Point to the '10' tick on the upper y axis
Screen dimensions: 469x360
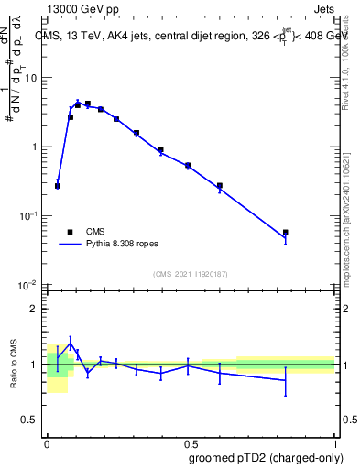pos(34,78)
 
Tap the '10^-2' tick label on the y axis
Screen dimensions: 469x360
pos(30,286)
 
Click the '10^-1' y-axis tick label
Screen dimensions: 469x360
pos(30,216)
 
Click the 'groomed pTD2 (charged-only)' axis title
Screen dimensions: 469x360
pos(266,457)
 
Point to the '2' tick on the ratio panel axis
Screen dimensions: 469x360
pos(37,309)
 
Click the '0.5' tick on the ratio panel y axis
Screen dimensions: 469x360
pos(34,420)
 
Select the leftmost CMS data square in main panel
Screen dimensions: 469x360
pos(58,186)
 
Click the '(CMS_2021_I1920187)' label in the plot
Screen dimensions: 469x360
pos(190,273)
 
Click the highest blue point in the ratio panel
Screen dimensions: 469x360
pos(71,344)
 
